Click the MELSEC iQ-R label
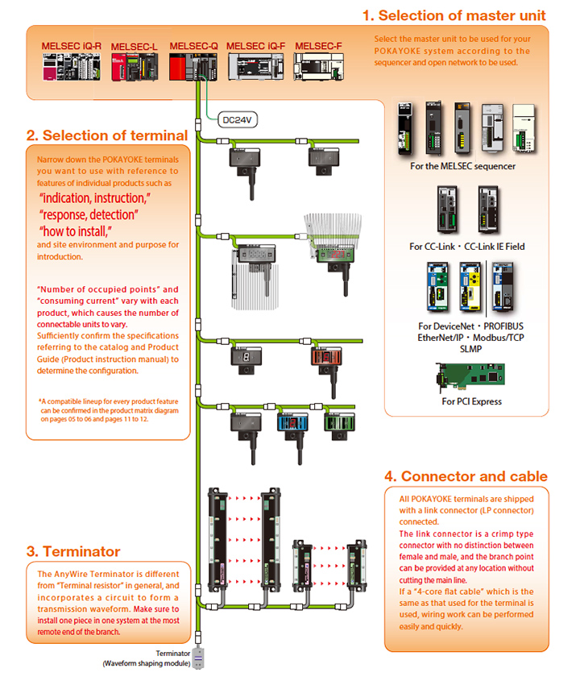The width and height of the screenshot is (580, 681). point(71,47)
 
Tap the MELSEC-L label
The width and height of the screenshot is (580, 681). point(134,47)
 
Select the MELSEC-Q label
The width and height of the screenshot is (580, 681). point(193,47)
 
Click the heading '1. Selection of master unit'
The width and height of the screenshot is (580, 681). point(454,15)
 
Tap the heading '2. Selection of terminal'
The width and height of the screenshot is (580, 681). point(107,135)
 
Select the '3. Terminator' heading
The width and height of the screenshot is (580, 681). point(73,551)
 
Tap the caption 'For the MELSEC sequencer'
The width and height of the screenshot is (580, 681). point(462,167)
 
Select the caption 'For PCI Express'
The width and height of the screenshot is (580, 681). point(471,401)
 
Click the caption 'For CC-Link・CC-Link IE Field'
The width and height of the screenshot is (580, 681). point(466,246)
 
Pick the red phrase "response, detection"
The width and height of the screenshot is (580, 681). point(89,214)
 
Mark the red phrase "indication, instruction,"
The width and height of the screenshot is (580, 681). point(95,197)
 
